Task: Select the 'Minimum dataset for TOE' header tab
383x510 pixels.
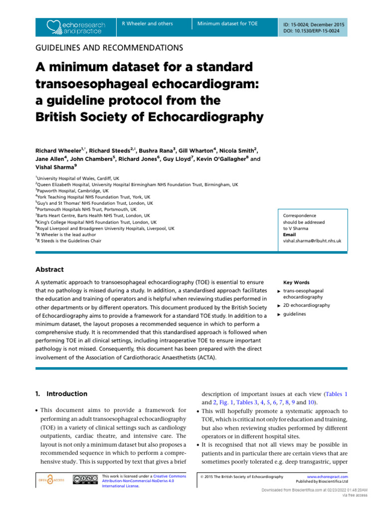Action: (227, 23)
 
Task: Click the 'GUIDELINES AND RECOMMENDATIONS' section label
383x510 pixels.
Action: (109, 48)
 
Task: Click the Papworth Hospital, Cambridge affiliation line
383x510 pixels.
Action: (72, 190)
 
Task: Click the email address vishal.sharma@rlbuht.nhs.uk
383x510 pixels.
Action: (312, 241)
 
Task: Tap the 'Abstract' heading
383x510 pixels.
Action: (49, 269)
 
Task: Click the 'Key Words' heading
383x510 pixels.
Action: (296, 282)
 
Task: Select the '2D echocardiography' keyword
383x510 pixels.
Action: (306, 305)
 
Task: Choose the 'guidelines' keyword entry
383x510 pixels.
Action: (294, 314)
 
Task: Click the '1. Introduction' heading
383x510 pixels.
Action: (61, 393)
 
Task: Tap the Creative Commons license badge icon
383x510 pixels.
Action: (85, 480)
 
